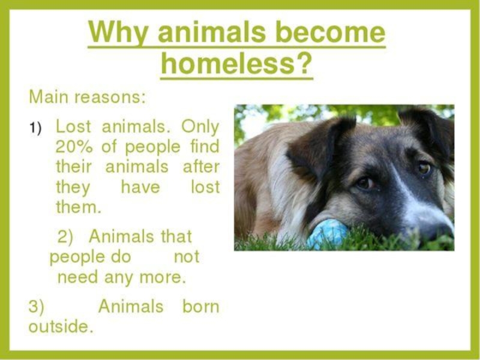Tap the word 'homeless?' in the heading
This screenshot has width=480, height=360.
(x=236, y=64)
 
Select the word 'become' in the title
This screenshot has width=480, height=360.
(x=330, y=32)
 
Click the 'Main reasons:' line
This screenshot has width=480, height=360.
(x=87, y=97)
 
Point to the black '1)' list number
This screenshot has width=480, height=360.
(x=35, y=127)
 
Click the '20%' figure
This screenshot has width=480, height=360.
(x=74, y=147)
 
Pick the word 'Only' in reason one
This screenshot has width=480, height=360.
(x=200, y=127)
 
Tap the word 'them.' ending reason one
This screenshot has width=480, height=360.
(x=79, y=207)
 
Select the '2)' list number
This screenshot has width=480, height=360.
(x=65, y=237)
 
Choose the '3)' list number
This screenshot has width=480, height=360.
(x=36, y=307)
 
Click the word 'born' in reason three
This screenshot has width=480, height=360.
(x=201, y=306)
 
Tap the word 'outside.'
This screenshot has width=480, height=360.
(x=61, y=326)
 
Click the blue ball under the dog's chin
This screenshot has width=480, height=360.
(x=327, y=233)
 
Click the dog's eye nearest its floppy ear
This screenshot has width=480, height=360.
(x=365, y=184)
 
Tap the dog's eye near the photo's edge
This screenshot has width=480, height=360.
(x=425, y=168)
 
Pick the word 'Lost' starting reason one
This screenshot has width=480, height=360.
(x=73, y=127)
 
